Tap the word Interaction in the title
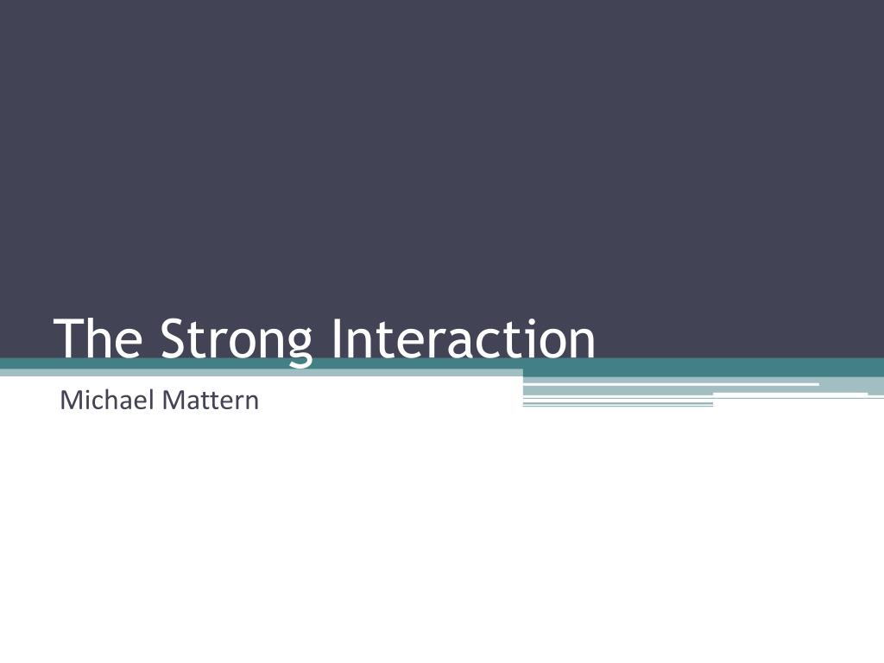pyautogui.click(x=463, y=338)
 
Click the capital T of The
pyautogui.click(x=69, y=338)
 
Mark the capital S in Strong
pyautogui.click(x=174, y=338)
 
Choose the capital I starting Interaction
pyautogui.click(x=336, y=338)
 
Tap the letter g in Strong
pyautogui.click(x=299, y=344)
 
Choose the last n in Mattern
pyautogui.click(x=252, y=403)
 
